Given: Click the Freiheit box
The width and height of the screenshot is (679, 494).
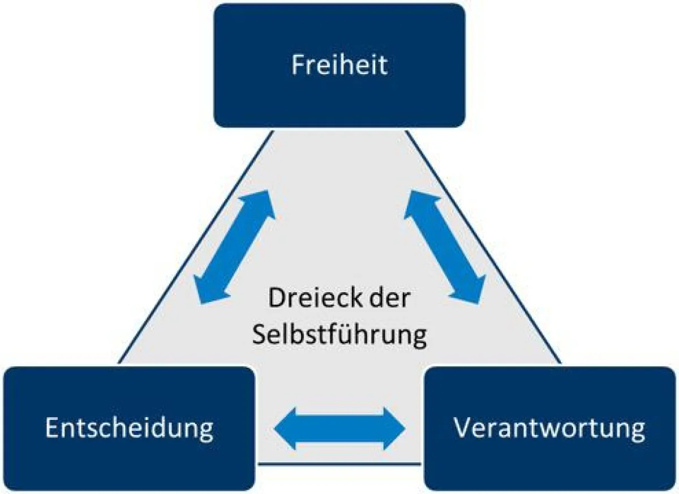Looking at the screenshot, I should click(339, 65).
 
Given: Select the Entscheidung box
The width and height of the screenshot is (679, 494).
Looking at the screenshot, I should click(129, 428).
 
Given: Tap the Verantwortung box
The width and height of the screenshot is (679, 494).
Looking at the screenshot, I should click(549, 428).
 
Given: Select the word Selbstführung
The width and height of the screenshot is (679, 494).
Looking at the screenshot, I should click(339, 335).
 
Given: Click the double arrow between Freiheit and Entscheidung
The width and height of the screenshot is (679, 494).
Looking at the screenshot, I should click(234, 246).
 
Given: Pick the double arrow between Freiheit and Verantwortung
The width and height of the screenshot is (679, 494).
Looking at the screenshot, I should click(445, 246).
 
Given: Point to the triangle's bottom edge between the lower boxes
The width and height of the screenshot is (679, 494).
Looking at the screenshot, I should click(339, 465).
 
